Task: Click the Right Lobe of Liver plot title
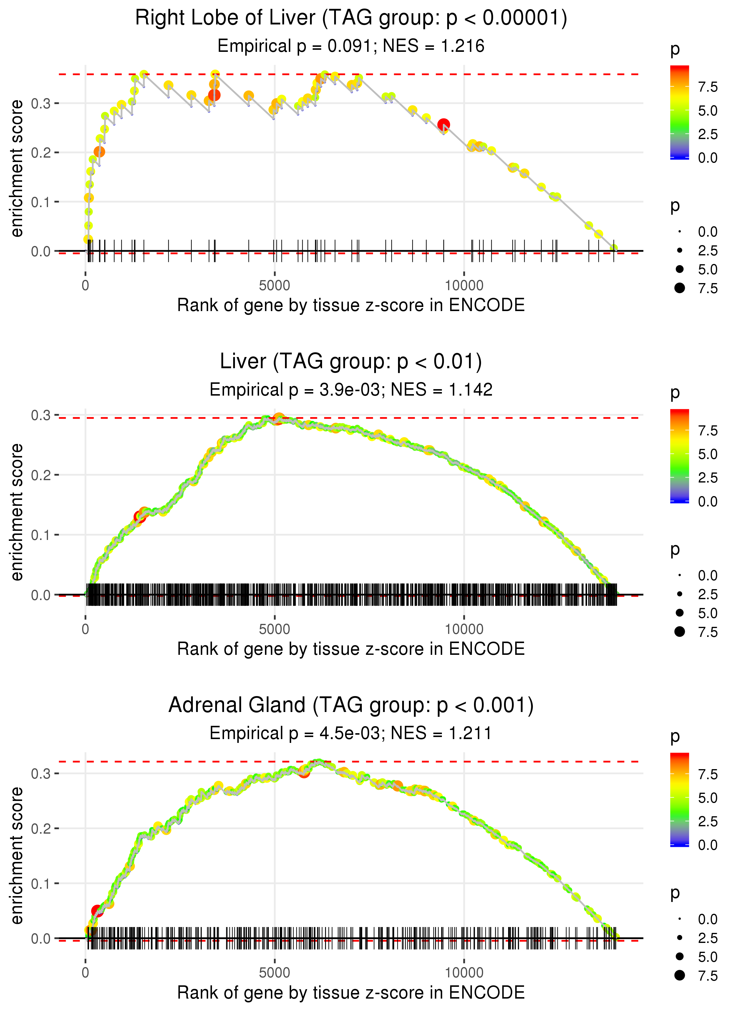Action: pyautogui.click(x=351, y=18)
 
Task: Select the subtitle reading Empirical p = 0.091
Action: pyautogui.click(x=351, y=46)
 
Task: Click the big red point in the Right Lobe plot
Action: pyautogui.click(x=443, y=125)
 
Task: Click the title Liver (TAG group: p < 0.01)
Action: pyautogui.click(x=351, y=362)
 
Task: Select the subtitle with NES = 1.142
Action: pyautogui.click(x=351, y=390)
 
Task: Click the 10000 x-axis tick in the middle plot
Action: pyautogui.click(x=464, y=629)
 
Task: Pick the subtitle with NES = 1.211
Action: pyautogui.click(x=351, y=733)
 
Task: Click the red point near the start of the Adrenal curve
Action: pyautogui.click(x=97, y=911)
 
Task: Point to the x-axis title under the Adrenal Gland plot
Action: pyautogui.click(x=351, y=993)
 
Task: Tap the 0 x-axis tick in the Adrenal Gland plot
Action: pyautogui.click(x=85, y=973)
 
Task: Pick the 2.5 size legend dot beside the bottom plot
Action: pyautogui.click(x=679, y=938)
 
